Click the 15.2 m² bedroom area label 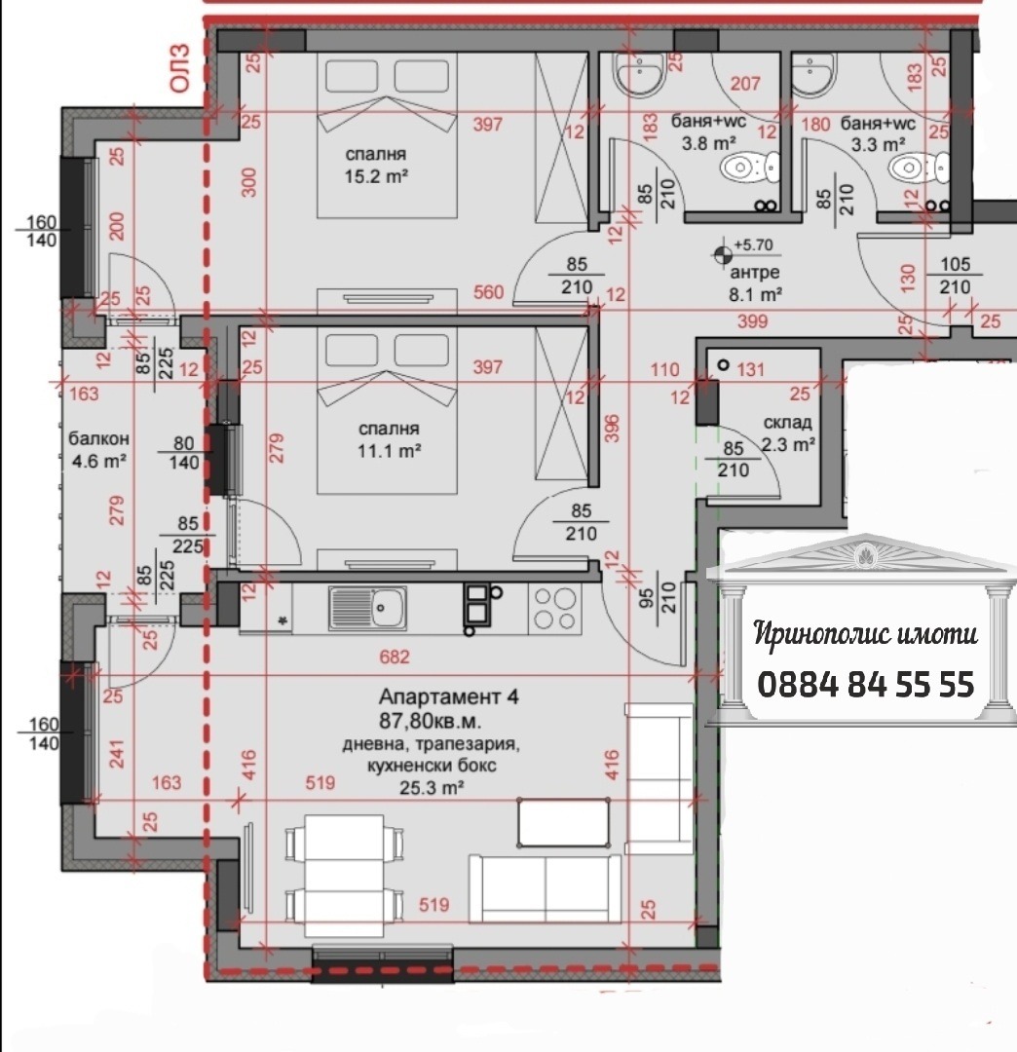pyautogui.click(x=375, y=166)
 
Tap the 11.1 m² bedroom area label pyautogui.click(x=389, y=440)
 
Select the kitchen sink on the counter pyautogui.click(x=366, y=609)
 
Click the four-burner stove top pyautogui.click(x=554, y=609)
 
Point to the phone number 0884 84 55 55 pyautogui.click(x=865, y=684)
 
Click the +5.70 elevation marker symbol pyautogui.click(x=722, y=255)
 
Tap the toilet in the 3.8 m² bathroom pyautogui.click(x=751, y=169)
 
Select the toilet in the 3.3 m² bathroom pyautogui.click(x=921, y=169)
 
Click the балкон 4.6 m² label pyautogui.click(x=98, y=450)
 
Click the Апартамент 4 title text pyautogui.click(x=448, y=697)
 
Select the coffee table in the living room pyautogui.click(x=564, y=821)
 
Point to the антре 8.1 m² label pyautogui.click(x=757, y=282)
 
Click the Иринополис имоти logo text pyautogui.click(x=865, y=635)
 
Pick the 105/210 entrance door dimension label pyautogui.click(x=955, y=276)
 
